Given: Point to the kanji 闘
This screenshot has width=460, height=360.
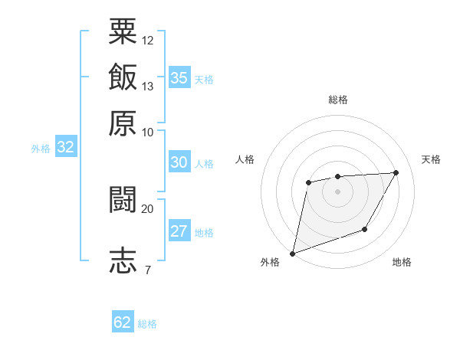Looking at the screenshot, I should click(123, 199).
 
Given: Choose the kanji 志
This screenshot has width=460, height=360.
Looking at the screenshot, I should click(123, 260).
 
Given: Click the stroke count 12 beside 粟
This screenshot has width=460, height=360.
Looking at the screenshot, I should click(148, 40).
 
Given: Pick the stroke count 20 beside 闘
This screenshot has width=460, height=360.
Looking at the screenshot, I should click(148, 208).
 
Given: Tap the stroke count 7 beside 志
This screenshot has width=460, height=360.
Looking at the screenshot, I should click(147, 270).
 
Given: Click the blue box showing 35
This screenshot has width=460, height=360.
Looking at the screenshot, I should click(179, 78).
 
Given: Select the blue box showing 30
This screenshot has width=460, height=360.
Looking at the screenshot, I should click(179, 162).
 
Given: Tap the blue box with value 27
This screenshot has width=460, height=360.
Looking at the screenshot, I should click(179, 231).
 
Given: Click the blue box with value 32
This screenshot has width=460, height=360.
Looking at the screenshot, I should click(65, 147).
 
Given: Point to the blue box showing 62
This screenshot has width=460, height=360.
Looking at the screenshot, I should click(123, 322).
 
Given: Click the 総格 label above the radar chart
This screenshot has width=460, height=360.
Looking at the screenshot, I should click(337, 100).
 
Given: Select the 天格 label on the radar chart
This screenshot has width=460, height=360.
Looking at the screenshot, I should click(431, 159).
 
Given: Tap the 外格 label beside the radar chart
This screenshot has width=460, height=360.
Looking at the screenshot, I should click(270, 262).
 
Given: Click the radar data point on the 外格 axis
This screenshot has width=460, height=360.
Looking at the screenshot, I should click(292, 253).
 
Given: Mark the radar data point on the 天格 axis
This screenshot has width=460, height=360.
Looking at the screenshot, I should click(396, 172).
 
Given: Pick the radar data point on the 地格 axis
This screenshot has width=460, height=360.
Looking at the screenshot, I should click(365, 229).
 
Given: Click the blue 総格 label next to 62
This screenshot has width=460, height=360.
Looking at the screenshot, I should click(147, 324).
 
